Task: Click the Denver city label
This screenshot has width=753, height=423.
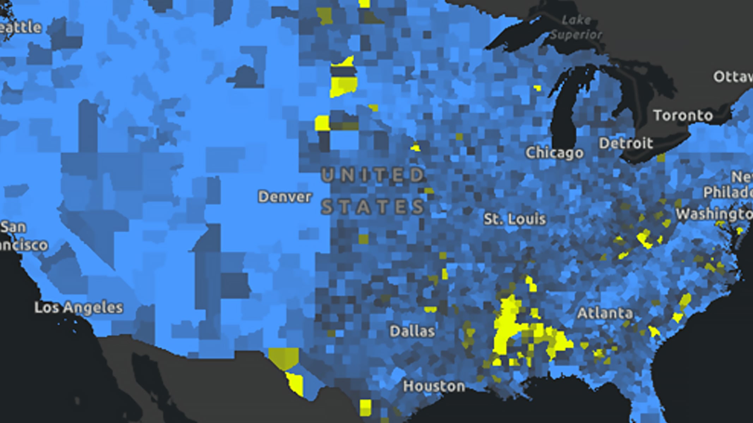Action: (x=285, y=197)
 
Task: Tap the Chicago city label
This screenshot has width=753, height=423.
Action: (x=554, y=153)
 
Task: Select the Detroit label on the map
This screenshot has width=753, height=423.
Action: (x=626, y=143)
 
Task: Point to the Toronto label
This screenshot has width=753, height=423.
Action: (x=683, y=116)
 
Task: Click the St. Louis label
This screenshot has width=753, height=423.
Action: (x=514, y=219)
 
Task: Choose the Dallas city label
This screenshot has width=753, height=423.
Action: (x=412, y=331)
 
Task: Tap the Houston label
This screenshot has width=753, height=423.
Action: (x=434, y=386)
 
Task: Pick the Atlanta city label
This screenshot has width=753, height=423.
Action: (x=605, y=313)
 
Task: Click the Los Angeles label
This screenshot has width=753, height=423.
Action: (x=79, y=308)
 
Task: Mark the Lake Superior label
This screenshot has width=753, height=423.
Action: (x=576, y=27)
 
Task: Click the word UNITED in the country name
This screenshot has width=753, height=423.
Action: (x=373, y=175)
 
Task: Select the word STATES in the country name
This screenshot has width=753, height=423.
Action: (x=373, y=207)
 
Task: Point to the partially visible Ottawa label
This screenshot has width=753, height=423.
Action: (x=733, y=77)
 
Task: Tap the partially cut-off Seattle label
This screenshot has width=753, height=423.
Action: (x=20, y=27)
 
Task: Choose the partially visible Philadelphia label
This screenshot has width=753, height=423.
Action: (x=728, y=192)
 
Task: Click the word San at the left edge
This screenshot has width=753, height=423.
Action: (x=13, y=227)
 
